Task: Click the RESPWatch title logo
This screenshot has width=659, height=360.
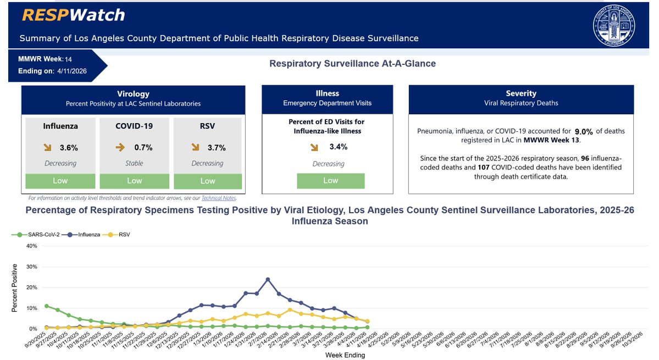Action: pyautogui.click(x=73, y=15)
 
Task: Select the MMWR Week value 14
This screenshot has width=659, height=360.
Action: pyautogui.click(x=68, y=59)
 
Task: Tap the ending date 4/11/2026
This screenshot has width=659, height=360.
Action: pyautogui.click(x=71, y=71)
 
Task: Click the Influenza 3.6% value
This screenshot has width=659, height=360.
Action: pyautogui.click(x=69, y=147)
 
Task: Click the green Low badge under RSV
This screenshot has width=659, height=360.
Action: pyautogui.click(x=208, y=181)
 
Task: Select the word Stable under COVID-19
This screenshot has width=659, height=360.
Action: pyautogui.click(x=135, y=163)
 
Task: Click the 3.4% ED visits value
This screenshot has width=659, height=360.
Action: pyautogui.click(x=338, y=147)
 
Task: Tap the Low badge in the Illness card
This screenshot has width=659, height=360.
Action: pyautogui.click(x=330, y=180)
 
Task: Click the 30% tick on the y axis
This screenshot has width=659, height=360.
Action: pyautogui.click(x=30, y=267)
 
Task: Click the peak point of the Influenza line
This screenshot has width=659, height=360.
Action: pyautogui.click(x=268, y=279)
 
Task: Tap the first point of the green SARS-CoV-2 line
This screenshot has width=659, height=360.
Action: pyautogui.click(x=47, y=306)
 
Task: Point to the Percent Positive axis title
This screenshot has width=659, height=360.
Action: pyautogui.click(x=15, y=287)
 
